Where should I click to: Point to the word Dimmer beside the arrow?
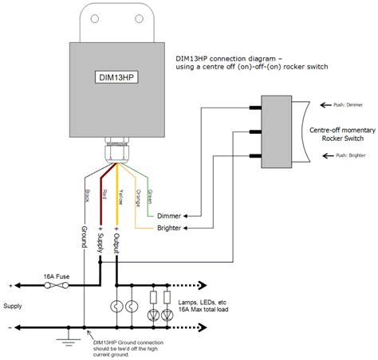click(x=168, y=215)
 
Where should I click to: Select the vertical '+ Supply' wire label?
click(x=100, y=240)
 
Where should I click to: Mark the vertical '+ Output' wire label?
click(x=117, y=240)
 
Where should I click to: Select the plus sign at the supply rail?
click(x=10, y=285)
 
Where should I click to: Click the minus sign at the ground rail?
click(x=10, y=327)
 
